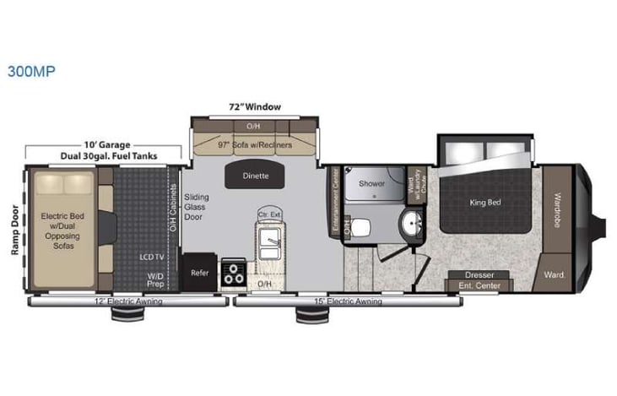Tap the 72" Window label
click(x=254, y=107)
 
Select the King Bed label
click(x=485, y=203)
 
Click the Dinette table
click(x=257, y=176)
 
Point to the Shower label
click(x=371, y=182)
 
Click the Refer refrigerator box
click(x=199, y=273)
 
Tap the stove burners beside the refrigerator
click(x=232, y=274)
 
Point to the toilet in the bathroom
click(x=360, y=226)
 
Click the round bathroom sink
click(x=414, y=224)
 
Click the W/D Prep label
click(x=157, y=278)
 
